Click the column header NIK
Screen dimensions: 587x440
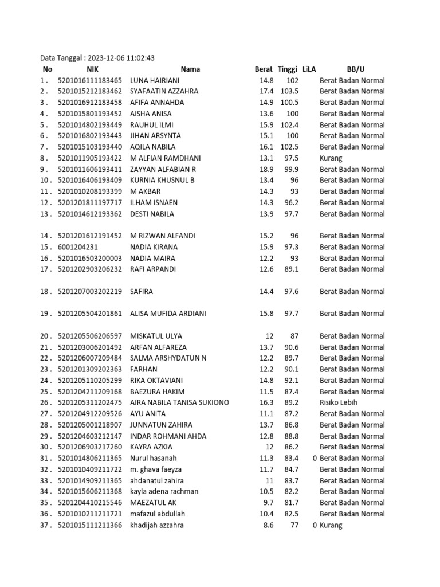coord(77,69)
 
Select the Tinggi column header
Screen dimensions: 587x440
coord(288,69)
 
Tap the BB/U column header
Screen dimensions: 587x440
coord(355,69)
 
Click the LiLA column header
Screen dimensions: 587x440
coord(309,69)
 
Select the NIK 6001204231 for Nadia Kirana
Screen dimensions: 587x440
coord(82,247)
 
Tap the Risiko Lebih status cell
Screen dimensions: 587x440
coord(339,402)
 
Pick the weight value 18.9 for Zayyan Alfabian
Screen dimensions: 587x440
coord(266,169)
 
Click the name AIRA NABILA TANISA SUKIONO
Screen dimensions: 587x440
coord(179,402)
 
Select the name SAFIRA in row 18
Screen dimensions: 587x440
coord(142,292)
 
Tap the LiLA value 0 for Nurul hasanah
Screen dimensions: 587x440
coord(315,458)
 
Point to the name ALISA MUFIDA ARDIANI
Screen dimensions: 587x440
coord(168,314)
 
